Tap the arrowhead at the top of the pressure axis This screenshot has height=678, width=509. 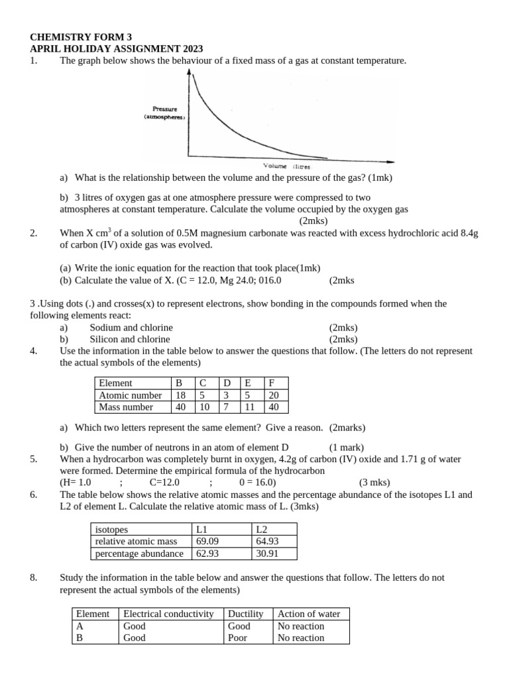coord(191,74)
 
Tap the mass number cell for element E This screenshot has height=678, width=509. coord(250,407)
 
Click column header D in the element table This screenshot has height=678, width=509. coord(227,383)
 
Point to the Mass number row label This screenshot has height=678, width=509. coord(126,407)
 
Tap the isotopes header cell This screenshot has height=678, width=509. coord(112,529)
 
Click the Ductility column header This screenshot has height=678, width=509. coord(246,614)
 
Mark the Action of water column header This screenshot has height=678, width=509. coord(309,614)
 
